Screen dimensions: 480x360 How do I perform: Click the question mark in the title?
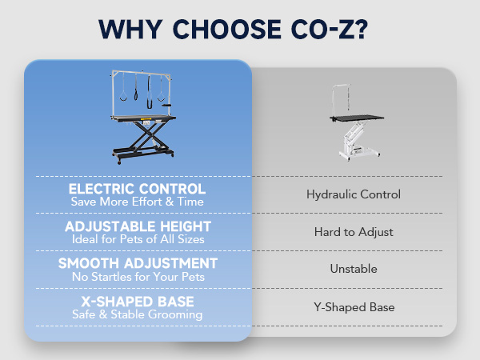(x=362, y=29)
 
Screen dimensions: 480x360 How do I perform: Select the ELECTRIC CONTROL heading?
(x=137, y=189)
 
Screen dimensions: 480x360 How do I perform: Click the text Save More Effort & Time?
(x=137, y=202)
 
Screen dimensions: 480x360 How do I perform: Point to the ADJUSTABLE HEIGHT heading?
(x=138, y=226)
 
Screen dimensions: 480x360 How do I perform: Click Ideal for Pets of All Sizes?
(x=138, y=239)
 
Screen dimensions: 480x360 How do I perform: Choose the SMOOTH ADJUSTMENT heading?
(x=138, y=263)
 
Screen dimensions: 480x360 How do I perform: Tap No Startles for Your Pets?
(x=138, y=277)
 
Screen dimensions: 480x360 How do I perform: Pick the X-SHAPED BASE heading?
(x=138, y=302)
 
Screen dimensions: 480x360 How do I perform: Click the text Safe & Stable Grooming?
(x=138, y=314)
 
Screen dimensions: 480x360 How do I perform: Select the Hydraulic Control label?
(x=354, y=194)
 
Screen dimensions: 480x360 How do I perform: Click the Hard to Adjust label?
(x=354, y=232)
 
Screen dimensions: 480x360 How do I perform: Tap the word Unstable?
(x=354, y=269)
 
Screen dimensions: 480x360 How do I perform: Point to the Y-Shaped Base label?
(x=354, y=307)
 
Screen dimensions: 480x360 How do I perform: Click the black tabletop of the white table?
(x=357, y=118)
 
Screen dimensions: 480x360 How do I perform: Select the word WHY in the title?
(x=130, y=30)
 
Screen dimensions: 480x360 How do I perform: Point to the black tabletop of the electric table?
(x=143, y=118)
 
